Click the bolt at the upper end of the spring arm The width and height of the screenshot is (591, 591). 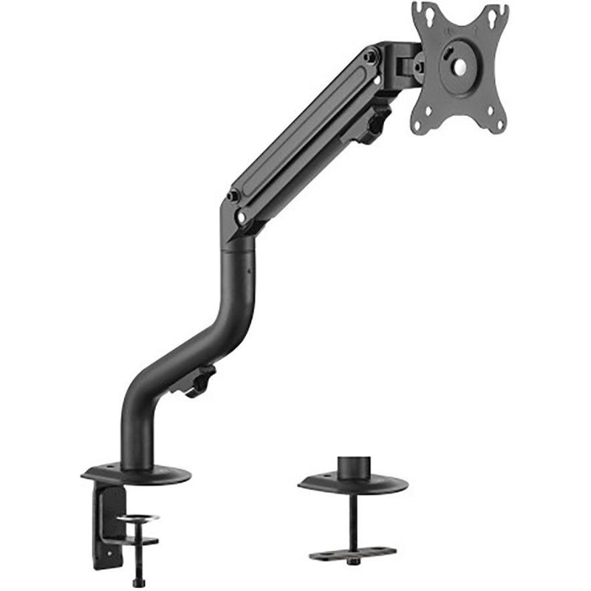pos(372,55)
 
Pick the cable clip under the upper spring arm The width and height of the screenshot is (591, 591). pos(373,123)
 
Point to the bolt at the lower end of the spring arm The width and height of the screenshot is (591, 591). pos(236,198)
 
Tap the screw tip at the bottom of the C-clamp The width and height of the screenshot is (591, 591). pos(134,582)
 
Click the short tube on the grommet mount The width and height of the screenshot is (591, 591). pos(352,468)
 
